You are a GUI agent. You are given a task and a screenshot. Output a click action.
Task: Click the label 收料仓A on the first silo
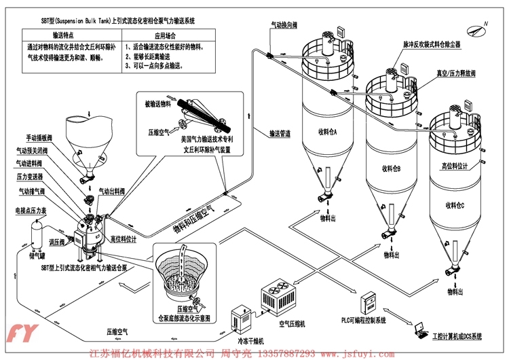point(326,131)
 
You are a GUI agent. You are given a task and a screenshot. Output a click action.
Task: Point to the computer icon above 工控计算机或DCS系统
point(417,325)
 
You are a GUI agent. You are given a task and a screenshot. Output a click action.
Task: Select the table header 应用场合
point(168,34)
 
